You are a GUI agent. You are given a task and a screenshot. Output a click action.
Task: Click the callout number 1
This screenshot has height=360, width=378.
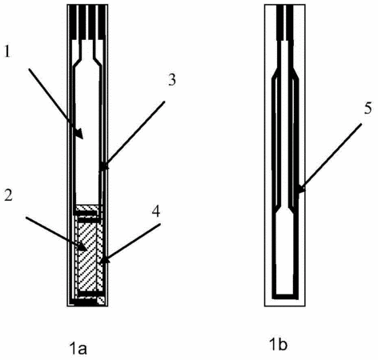7,51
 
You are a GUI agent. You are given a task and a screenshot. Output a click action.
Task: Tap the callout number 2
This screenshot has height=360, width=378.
8,196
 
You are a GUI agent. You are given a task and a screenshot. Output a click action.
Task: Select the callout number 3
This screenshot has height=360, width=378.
171,80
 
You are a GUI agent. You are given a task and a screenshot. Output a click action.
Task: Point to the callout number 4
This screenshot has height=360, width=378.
156,212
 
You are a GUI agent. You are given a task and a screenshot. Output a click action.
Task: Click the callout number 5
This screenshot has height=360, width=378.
368,109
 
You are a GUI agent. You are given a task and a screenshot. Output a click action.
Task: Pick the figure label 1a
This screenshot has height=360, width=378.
78,349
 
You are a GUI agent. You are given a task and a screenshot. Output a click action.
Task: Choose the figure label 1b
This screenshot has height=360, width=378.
278,345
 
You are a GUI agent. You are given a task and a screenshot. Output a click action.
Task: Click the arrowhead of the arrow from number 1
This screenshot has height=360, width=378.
79,134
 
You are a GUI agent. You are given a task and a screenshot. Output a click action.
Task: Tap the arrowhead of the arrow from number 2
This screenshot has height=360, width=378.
82,247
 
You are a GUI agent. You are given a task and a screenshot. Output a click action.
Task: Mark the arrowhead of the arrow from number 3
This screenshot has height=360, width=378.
105,166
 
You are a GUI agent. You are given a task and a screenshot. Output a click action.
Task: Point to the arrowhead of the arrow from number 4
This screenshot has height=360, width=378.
105,259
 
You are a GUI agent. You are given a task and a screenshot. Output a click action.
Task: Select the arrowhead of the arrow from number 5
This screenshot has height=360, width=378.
300,189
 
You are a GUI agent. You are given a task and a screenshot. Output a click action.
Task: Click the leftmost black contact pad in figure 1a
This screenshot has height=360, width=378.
73,22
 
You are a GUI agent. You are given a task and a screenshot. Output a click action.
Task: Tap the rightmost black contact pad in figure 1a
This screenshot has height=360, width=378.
102,22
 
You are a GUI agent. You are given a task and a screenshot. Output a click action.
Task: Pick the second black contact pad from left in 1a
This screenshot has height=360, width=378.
82,22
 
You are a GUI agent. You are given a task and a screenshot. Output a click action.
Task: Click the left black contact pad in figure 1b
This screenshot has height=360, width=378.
279,22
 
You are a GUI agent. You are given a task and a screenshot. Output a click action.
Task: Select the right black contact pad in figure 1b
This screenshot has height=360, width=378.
290,22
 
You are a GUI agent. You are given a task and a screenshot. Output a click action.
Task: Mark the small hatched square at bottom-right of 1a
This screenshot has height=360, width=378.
101,301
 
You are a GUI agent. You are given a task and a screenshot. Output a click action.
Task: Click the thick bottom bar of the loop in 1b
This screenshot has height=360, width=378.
285,296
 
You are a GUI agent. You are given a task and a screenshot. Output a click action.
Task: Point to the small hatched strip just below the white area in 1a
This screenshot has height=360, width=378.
87,207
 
